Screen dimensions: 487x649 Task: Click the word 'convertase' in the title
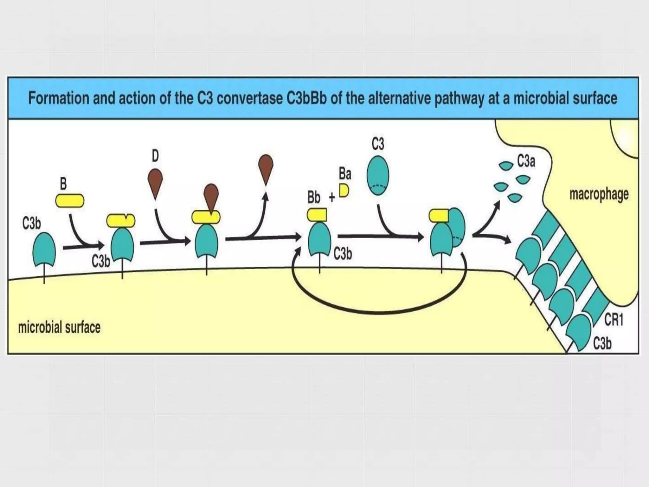pos(249,98)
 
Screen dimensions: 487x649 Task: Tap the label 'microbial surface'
pos(59,328)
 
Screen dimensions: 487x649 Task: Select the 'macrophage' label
pos(599,194)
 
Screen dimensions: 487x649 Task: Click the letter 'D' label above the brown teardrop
pos(155,156)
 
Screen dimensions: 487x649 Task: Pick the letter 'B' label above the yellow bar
pos(63,184)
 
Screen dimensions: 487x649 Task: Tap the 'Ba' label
pos(345,174)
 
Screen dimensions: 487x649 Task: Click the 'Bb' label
pos(314,198)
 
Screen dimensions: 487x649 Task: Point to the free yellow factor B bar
pos(70,201)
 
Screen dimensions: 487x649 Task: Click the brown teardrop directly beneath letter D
pos(155,184)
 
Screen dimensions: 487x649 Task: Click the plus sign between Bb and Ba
pos(331,198)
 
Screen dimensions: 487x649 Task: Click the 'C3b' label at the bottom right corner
pos(602,343)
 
